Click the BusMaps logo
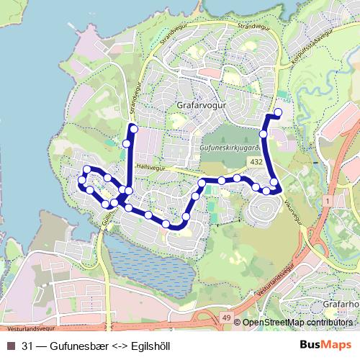click(325, 345)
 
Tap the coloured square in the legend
click(11, 346)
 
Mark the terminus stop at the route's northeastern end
click(278, 112)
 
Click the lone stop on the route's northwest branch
click(127, 143)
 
